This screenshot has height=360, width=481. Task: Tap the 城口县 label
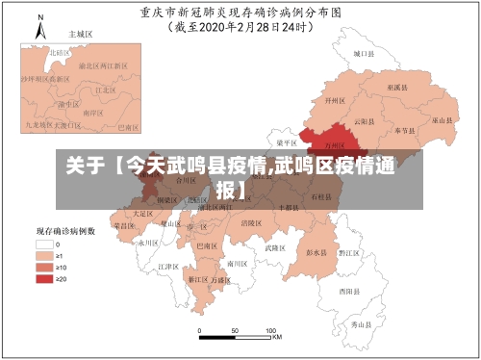[362, 55]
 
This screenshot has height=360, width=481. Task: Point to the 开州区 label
[336, 100]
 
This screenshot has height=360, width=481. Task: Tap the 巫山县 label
[442, 121]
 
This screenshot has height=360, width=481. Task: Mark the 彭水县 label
[316, 252]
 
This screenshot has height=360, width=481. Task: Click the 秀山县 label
[361, 324]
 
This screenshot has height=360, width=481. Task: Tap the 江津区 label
[168, 266]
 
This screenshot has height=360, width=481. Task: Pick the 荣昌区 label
[124, 225]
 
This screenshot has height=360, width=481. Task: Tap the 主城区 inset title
[77, 33]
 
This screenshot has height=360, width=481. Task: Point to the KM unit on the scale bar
[276, 338]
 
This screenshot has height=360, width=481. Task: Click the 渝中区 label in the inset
[68, 103]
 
